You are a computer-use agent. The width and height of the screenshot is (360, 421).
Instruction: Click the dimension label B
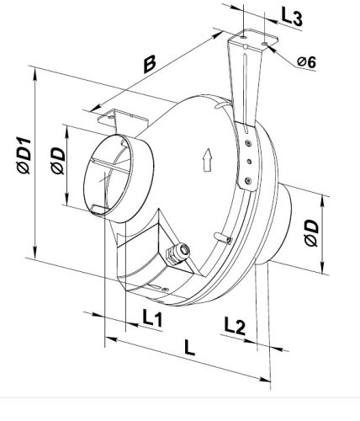[x=150, y=64]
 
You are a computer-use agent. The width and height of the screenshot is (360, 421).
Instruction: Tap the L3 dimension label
[x=292, y=18]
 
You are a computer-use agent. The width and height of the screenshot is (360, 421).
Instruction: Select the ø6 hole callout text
[x=307, y=61]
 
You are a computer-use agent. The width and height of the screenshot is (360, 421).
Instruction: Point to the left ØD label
[x=58, y=161]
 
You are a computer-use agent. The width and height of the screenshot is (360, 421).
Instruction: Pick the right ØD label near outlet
[x=311, y=233]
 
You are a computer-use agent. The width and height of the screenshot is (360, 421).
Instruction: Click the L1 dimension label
[x=152, y=317]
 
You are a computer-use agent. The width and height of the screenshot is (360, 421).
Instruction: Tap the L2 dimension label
[x=235, y=326]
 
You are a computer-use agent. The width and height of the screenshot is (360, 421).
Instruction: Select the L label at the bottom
[x=189, y=347]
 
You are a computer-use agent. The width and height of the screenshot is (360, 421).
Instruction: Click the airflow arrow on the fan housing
[x=207, y=160]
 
